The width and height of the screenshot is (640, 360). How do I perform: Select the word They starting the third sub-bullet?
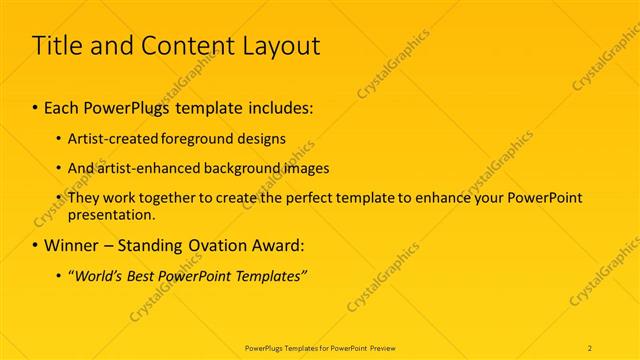pos(83,198)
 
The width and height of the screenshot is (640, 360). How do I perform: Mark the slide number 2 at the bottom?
pos(590,347)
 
